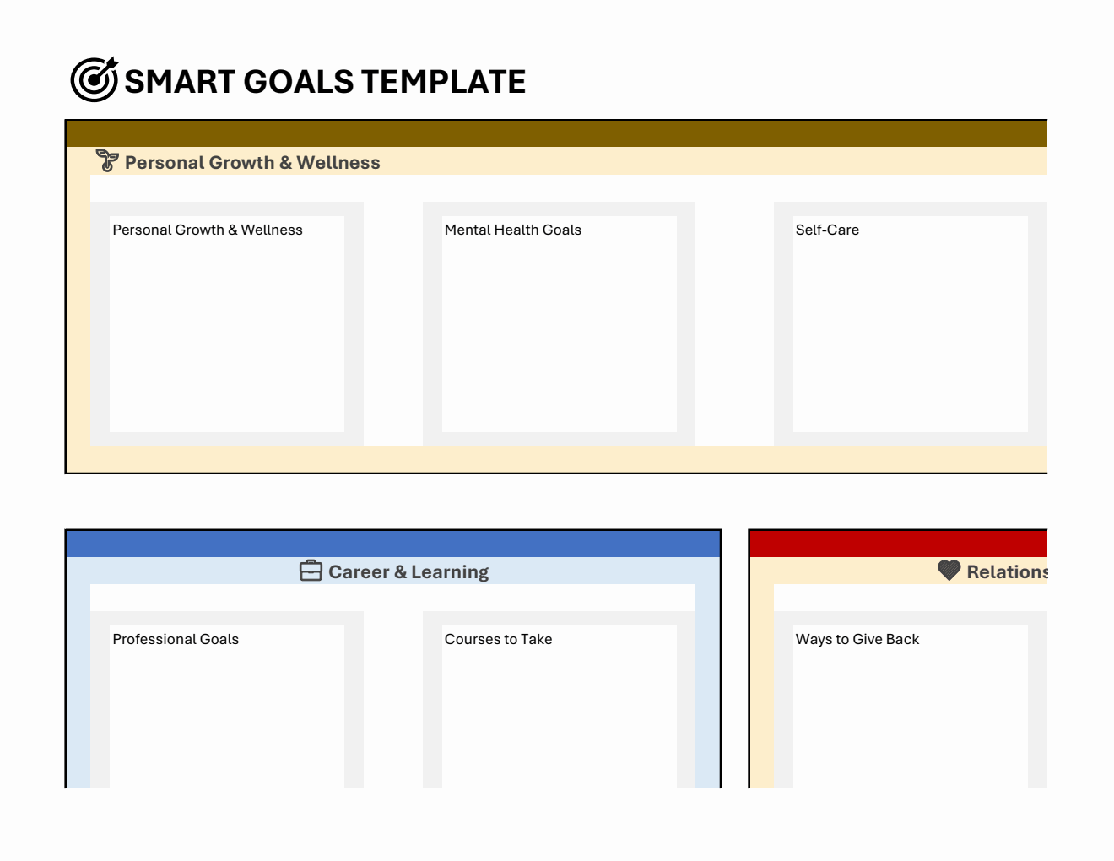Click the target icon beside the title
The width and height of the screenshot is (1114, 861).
(x=94, y=80)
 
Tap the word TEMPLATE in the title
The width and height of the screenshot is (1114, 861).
(x=444, y=82)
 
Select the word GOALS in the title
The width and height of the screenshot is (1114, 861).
(x=298, y=82)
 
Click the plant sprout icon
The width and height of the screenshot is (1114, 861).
(x=107, y=160)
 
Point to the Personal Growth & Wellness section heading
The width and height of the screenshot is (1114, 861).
(x=252, y=163)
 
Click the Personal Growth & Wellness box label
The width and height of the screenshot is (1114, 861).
(x=208, y=230)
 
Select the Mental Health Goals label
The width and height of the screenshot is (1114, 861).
(x=513, y=230)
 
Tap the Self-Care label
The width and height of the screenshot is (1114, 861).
(x=827, y=230)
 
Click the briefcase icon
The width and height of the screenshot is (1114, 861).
(x=311, y=571)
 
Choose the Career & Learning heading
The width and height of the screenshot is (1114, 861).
(x=408, y=572)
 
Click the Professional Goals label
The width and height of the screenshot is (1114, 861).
(x=176, y=639)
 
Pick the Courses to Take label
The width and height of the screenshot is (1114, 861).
(x=498, y=639)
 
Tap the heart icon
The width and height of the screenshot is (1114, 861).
(x=949, y=571)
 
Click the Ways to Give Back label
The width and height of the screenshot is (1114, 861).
(x=857, y=639)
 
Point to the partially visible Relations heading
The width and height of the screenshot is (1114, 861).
(x=1007, y=572)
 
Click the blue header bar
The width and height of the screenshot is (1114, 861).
(x=393, y=544)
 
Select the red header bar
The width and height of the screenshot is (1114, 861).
(x=898, y=544)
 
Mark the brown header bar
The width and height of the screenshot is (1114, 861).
(x=557, y=134)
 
